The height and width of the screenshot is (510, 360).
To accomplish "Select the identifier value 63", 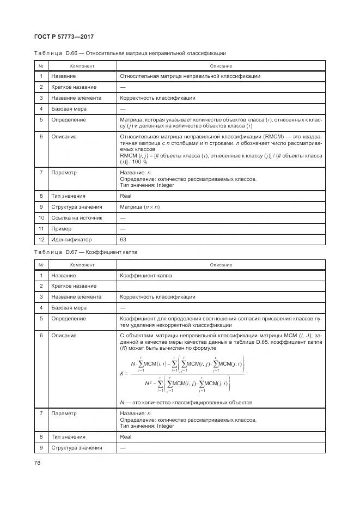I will [x=123, y=239].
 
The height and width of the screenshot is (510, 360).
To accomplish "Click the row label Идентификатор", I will [x=71, y=239].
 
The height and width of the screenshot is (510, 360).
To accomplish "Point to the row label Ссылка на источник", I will [x=77, y=217].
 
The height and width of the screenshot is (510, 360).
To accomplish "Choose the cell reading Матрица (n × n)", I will [x=139, y=207].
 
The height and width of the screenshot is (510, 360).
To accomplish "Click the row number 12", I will [x=41, y=239].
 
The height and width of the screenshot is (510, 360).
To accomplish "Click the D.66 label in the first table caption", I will [x=72, y=53].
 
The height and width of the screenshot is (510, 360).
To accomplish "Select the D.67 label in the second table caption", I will [x=72, y=252].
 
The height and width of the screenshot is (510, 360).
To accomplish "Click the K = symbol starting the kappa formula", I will [x=124, y=373].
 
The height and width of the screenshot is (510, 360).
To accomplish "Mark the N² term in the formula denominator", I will [x=149, y=384].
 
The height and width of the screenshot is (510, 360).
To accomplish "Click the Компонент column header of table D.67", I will [x=82, y=265].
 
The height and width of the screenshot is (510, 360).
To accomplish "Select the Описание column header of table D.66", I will [x=221, y=65].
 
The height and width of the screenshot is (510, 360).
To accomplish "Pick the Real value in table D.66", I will [x=125, y=196].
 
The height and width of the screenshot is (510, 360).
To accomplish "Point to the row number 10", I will [x=41, y=217].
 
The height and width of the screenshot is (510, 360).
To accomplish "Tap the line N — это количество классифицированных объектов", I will [x=186, y=403].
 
